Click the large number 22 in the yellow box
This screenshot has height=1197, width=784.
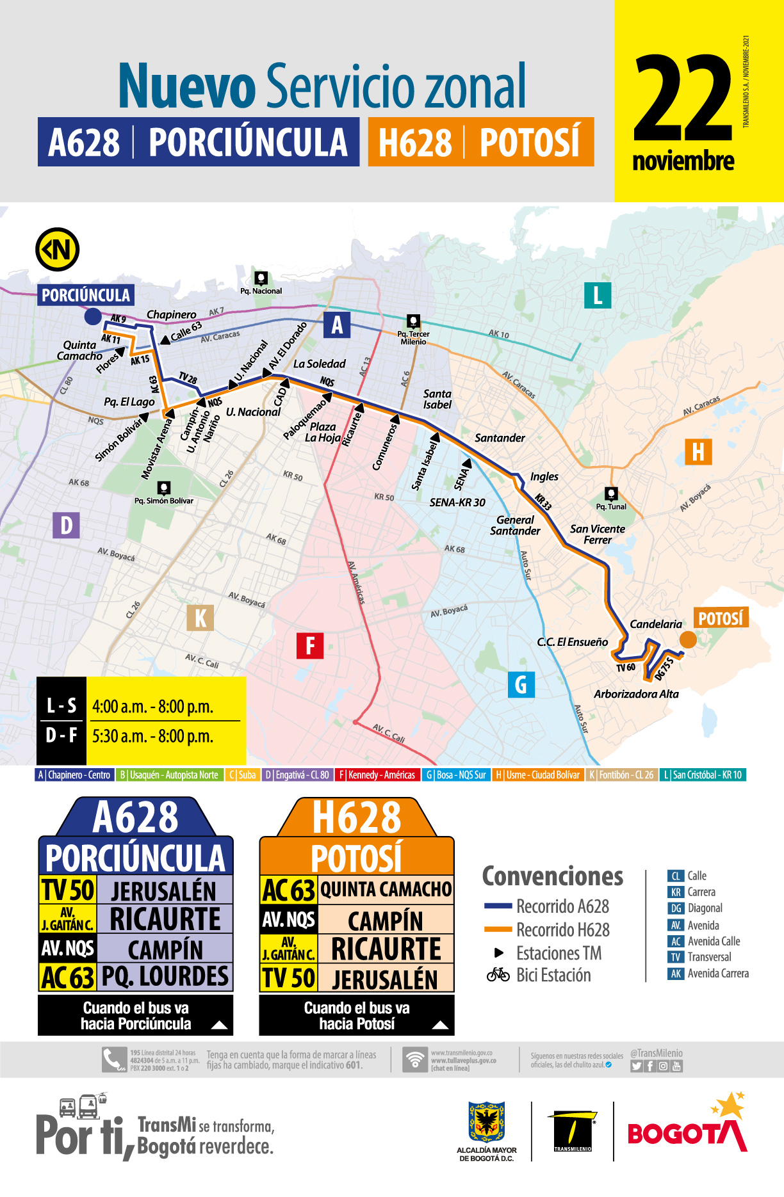coord(682,99)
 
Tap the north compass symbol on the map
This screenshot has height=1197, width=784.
coord(58,250)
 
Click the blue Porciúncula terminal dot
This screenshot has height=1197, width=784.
coord(93,316)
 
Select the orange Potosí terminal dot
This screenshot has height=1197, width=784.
coord(688,639)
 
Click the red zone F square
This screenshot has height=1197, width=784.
coord(310,645)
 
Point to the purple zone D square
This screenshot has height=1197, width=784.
coord(66,526)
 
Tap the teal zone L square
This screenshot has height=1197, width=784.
coord(598,295)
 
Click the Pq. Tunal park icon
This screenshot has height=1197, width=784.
coord(612,494)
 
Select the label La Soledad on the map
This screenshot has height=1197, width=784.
coord(319,364)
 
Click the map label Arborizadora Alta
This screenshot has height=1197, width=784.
coord(636,694)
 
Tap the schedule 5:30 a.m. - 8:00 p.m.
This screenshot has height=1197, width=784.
coord(152,736)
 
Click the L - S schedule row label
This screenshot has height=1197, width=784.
coord(61,706)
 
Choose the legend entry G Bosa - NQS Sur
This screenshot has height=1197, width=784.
coord(456,775)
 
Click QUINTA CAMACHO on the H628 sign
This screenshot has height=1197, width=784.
coord(386,890)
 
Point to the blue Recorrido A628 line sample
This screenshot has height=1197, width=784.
coord(498,906)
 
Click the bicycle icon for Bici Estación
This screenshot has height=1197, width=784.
coord(498,975)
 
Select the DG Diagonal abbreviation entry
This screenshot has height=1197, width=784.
coord(696,908)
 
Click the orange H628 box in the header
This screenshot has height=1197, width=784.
coord(480,142)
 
